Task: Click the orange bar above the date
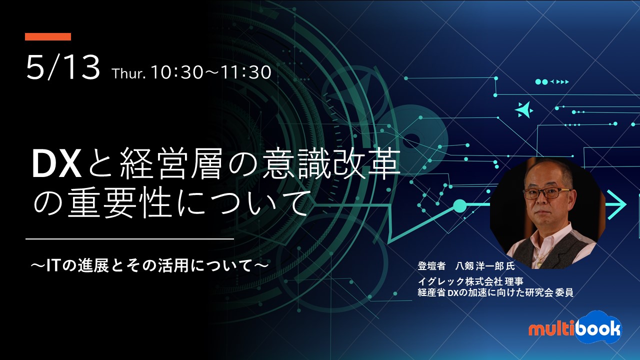coord(48,36)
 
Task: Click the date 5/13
coord(63,68)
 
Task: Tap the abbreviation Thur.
coord(129,73)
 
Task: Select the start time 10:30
coord(177,72)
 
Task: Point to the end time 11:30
coord(245,72)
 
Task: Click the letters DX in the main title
coord(56,165)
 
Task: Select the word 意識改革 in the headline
coord(330,164)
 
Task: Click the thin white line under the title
coord(129,238)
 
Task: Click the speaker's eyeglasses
coord(546,193)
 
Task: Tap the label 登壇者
coord(431,266)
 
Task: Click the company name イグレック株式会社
coord(460,281)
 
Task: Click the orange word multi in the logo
coord(551,329)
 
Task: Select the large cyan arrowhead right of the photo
coord(617,204)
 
